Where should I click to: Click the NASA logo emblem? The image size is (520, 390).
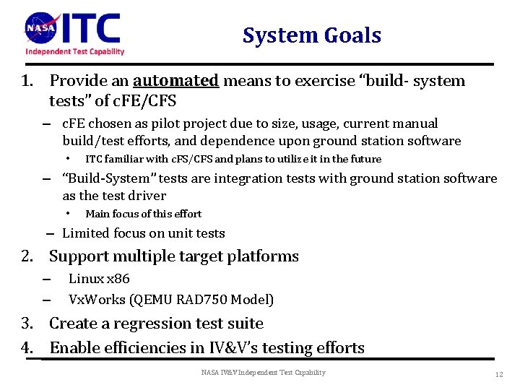tap(40, 28)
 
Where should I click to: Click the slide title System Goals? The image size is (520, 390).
tap(311, 35)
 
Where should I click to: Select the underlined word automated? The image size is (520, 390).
tap(175, 81)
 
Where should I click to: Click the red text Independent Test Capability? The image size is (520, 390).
tap(75, 51)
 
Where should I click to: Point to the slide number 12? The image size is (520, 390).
tap(499, 374)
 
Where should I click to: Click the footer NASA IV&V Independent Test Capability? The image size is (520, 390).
tap(263, 373)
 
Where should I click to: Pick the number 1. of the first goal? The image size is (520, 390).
tap(28, 81)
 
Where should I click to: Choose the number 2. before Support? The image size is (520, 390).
tap(28, 256)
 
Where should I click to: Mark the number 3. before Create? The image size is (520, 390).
tap(28, 324)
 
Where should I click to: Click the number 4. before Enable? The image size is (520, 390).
tap(28, 347)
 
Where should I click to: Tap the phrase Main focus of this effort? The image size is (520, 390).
tap(143, 214)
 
